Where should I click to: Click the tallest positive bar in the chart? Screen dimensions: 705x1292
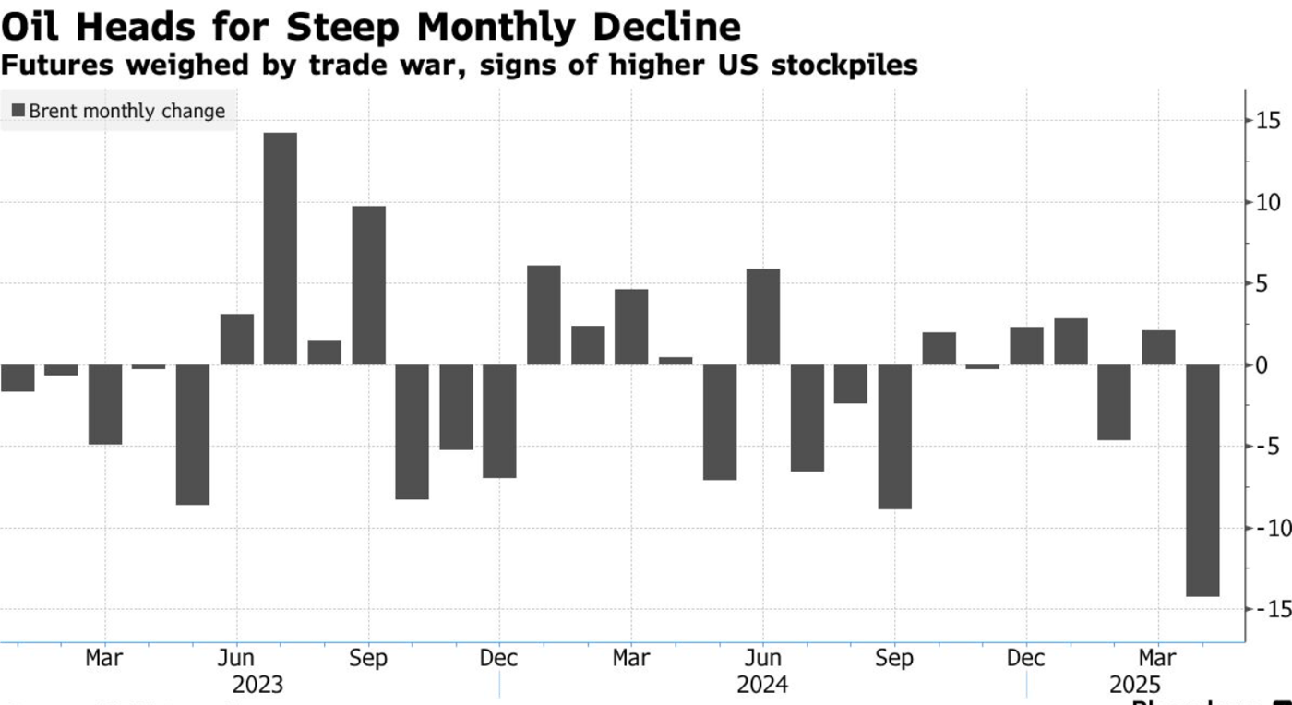pos(281,249)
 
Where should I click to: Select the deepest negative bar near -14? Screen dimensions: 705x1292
pos(1202,480)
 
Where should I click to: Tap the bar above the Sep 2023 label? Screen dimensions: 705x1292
pos(368,285)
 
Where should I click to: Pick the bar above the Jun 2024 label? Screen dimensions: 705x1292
pos(763,317)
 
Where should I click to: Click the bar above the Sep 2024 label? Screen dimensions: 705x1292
pos(894,436)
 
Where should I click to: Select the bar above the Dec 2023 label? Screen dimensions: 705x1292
pos(499,421)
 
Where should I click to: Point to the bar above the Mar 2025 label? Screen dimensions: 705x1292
pos(1158,347)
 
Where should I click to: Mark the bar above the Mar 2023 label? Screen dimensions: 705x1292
pos(105,404)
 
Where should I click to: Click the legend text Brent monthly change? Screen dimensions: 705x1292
pos(126,112)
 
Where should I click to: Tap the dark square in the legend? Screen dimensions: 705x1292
pos(18,112)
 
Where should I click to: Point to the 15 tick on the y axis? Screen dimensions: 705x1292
pos(1267,121)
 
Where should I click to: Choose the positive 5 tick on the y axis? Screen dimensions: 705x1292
pos(1262,284)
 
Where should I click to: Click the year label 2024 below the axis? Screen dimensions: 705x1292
pos(762,686)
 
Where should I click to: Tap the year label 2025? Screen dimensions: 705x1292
pos(1135,686)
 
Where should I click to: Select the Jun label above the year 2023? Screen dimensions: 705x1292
pos(237,659)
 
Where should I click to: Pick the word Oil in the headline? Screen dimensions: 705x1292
pos(33,28)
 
